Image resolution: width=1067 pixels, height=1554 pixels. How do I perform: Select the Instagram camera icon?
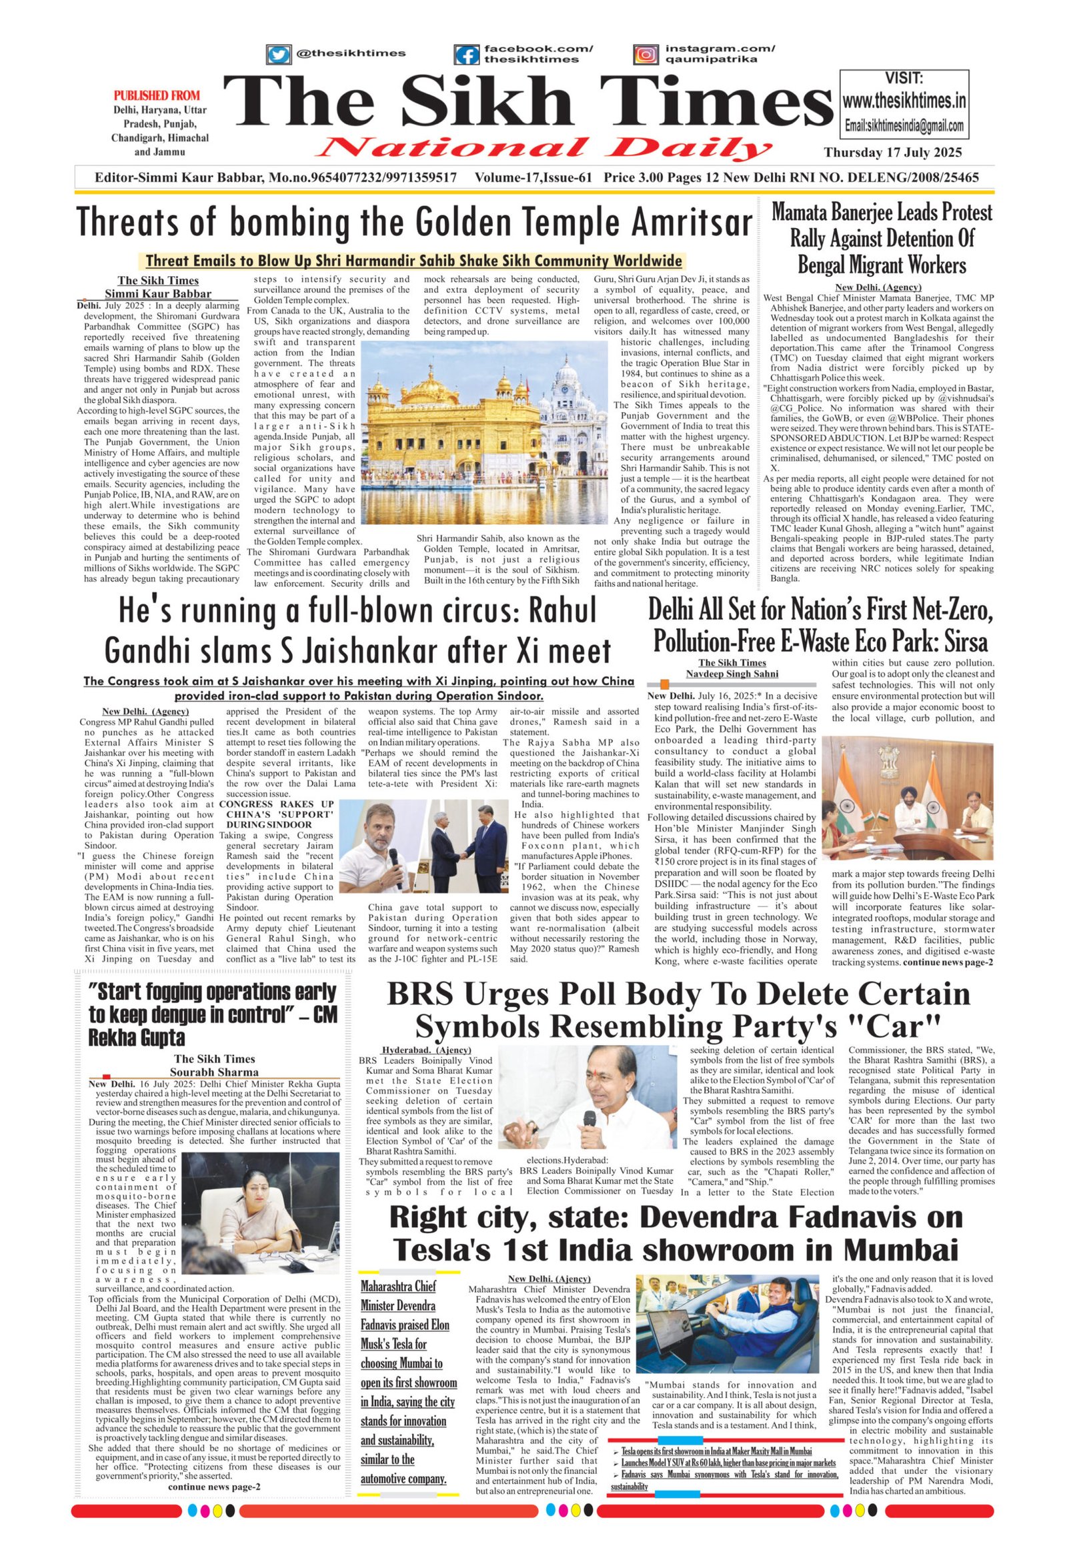pos(645,54)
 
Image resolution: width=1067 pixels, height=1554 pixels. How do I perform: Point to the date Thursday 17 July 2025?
pos(892,153)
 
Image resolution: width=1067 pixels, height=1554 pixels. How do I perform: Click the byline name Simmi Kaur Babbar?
pos(158,293)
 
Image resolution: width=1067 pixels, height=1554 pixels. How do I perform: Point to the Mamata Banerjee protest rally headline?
pos(882,238)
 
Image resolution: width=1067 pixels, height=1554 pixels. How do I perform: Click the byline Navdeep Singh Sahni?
pos(733,674)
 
